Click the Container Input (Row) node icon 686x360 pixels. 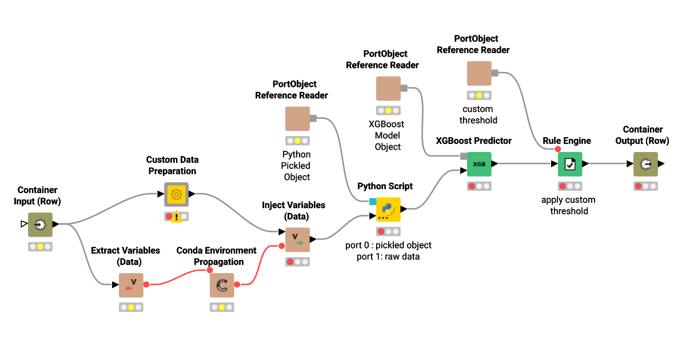40,225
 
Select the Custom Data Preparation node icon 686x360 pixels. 177,194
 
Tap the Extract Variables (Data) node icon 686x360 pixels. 131,285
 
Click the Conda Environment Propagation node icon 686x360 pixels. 222,285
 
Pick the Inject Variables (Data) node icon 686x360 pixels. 297,239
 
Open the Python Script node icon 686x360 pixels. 388,209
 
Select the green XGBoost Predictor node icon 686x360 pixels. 479,164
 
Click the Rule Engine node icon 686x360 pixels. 570,164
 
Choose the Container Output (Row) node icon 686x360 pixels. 645,164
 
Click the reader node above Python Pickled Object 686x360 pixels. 297,118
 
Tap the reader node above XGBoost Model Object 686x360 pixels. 388,88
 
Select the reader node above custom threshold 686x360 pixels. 479,73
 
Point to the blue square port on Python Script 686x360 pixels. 372,201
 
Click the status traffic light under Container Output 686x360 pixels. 645,186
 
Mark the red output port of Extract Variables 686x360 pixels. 146,284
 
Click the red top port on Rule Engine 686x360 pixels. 557,149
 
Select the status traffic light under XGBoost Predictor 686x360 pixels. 479,186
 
